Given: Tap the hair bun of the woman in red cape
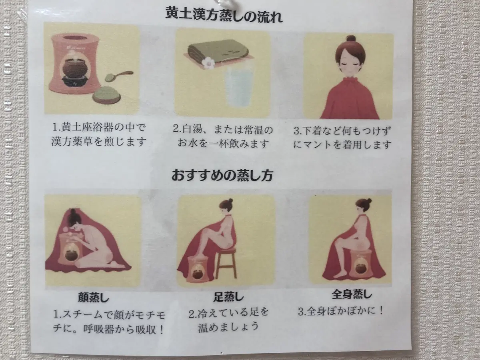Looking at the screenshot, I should point(350,39).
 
